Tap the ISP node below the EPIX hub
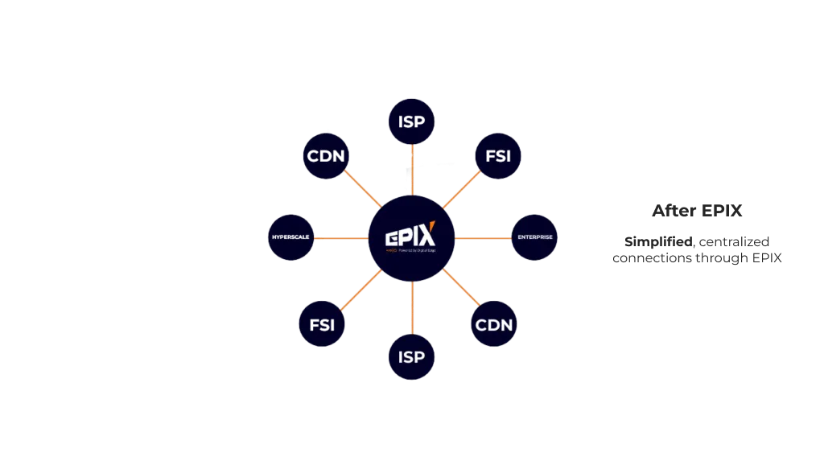(411, 355)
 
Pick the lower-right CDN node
(494, 325)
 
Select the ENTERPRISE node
(534, 238)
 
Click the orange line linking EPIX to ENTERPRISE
(483, 239)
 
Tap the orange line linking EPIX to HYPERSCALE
(342, 239)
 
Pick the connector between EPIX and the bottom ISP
(411, 306)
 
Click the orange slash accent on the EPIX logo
(431, 227)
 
